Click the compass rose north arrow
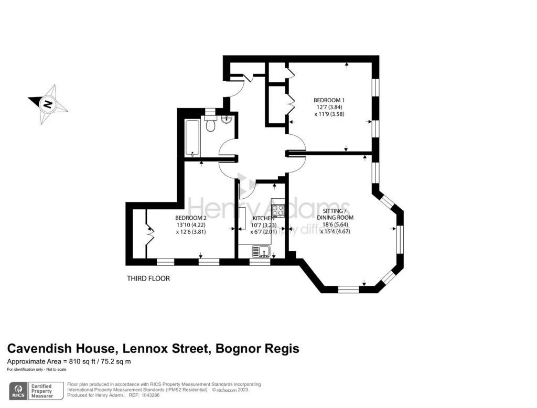(x=48, y=103)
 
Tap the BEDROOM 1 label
(x=329, y=100)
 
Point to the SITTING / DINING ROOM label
(x=335, y=214)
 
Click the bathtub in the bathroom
(x=192, y=138)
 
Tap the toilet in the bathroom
(x=210, y=125)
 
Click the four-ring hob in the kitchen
(x=278, y=210)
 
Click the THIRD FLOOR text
(x=148, y=278)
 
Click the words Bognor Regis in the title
(x=266, y=349)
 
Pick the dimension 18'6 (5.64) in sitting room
(x=335, y=224)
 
